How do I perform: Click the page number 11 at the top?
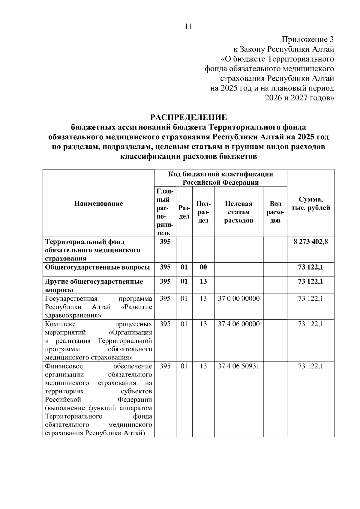[x=188, y=27]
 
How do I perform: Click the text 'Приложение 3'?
[x=307, y=39]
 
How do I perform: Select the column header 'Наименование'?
[x=98, y=204]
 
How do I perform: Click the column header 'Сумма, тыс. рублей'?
[x=310, y=204]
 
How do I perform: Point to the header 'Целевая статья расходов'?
[x=238, y=212]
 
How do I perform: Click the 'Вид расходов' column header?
[x=275, y=212]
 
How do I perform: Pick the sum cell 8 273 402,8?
[x=310, y=242]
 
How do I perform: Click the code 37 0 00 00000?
[x=238, y=299]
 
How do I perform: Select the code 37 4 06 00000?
[x=238, y=324]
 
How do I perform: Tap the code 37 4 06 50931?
[x=238, y=366]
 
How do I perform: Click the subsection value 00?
[x=203, y=267]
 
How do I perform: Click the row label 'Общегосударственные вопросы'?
[x=97, y=267]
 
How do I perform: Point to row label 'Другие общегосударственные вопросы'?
[x=94, y=285]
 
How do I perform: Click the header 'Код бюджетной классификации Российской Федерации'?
[x=220, y=178]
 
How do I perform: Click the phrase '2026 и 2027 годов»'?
[x=299, y=98]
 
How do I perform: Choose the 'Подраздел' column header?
[x=203, y=212]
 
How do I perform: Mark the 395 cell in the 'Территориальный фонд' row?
[x=165, y=242]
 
